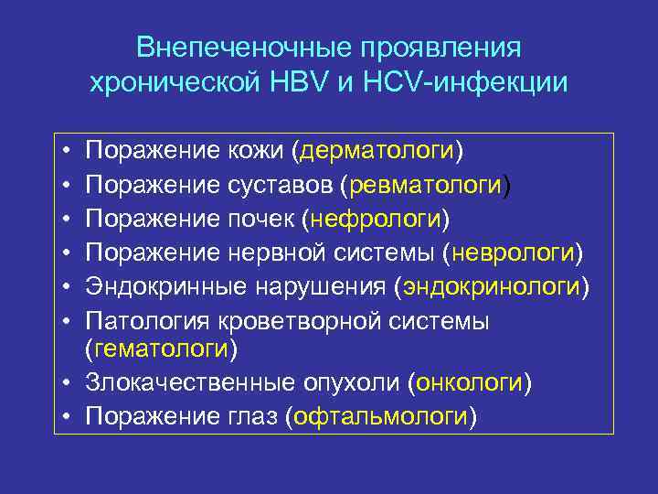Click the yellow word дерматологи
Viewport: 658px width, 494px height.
tap(383, 149)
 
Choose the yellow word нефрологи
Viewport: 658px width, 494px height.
tap(377, 220)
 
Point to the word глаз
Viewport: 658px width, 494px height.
tap(251, 416)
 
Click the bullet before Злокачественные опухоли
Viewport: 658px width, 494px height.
tap(69, 382)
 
